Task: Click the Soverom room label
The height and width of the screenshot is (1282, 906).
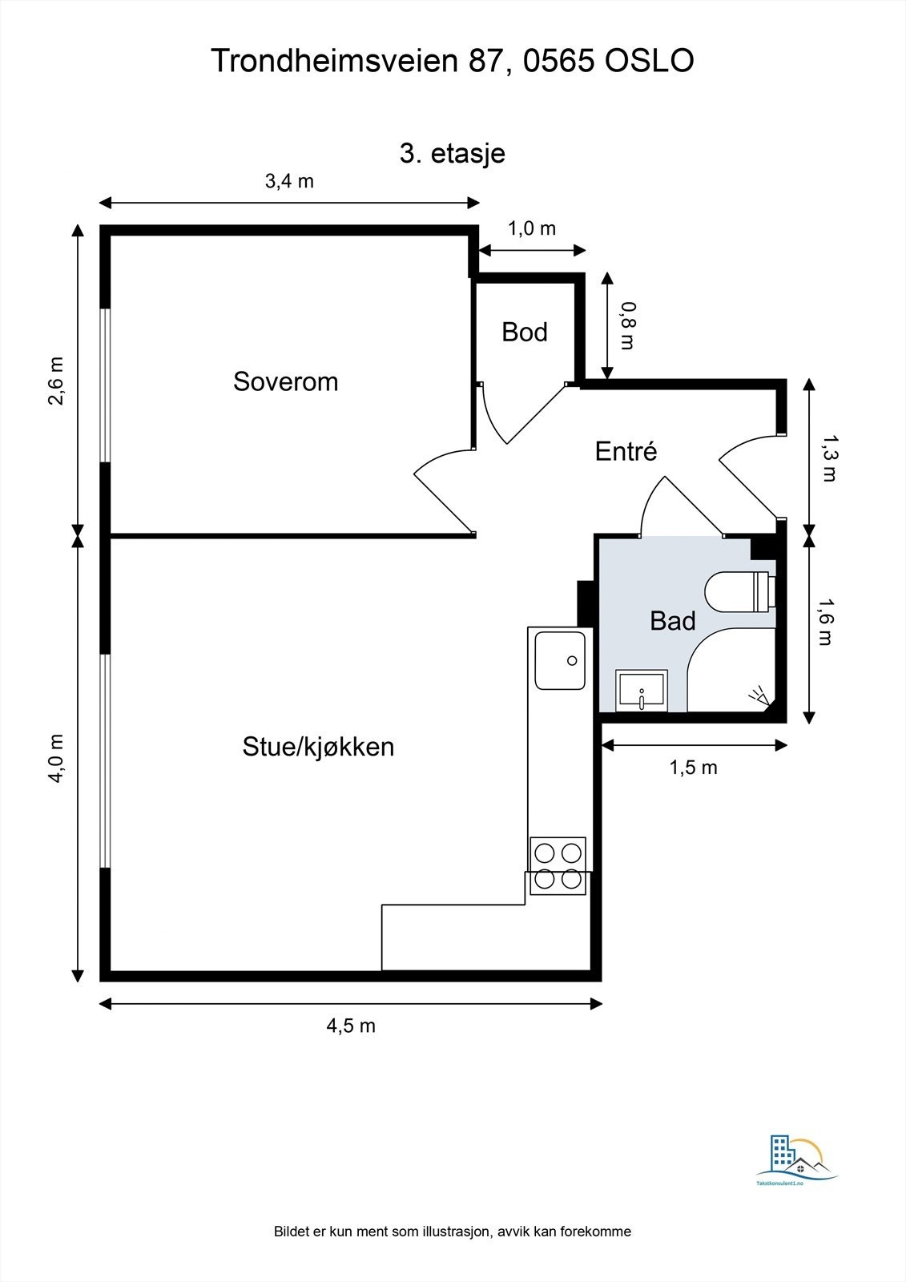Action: (x=286, y=381)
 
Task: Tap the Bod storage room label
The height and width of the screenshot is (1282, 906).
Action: (x=525, y=332)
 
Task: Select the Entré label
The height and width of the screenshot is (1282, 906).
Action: (x=626, y=451)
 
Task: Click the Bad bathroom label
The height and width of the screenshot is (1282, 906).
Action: (x=672, y=620)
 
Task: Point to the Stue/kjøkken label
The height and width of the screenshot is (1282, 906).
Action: (x=318, y=747)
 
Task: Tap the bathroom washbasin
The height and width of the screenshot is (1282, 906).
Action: (x=641, y=691)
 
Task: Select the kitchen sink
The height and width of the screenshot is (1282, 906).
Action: (x=559, y=660)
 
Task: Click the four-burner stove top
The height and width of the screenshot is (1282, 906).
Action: (x=558, y=865)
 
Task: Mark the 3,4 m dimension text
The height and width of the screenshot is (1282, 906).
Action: (x=289, y=181)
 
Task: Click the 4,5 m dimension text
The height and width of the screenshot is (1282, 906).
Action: (x=351, y=1026)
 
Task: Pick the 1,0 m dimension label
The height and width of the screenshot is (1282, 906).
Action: (x=532, y=228)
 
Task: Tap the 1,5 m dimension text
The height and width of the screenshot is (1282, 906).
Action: (x=693, y=768)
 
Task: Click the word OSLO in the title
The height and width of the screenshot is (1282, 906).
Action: (x=649, y=61)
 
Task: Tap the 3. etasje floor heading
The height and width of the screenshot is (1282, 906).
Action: (x=453, y=153)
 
